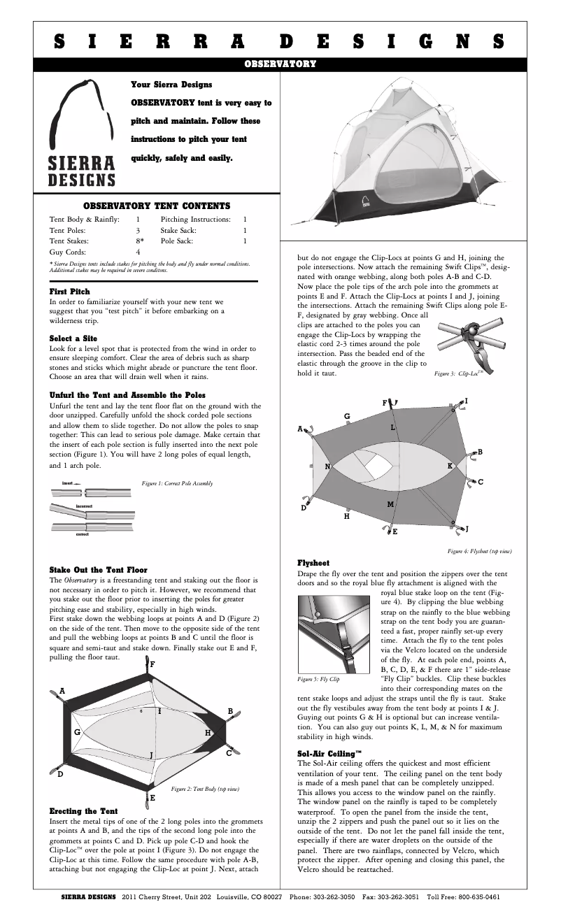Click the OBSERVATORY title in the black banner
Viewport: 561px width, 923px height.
(280, 64)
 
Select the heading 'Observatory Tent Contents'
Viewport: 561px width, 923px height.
(157, 206)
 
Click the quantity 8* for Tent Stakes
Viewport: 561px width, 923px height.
(141, 240)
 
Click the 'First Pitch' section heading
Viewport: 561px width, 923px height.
(69, 291)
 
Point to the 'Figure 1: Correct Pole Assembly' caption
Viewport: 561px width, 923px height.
(177, 483)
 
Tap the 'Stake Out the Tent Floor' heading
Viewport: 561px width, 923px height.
(98, 570)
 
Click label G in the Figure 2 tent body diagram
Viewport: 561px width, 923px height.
(78, 731)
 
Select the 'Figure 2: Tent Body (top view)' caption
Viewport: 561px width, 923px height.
(205, 789)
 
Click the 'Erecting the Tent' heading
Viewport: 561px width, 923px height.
(83, 810)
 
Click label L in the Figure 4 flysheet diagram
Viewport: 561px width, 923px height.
(393, 427)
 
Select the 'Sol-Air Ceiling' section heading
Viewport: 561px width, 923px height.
(329, 753)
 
